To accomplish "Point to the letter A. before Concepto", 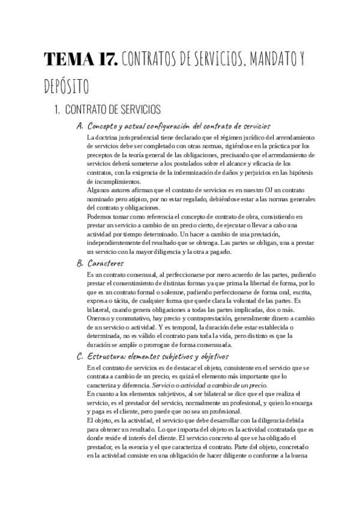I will click(x=80, y=126).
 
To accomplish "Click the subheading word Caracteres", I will click(x=105, y=263).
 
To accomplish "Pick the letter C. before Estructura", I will click(x=80, y=357).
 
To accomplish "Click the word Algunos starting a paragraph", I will click(x=100, y=190).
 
